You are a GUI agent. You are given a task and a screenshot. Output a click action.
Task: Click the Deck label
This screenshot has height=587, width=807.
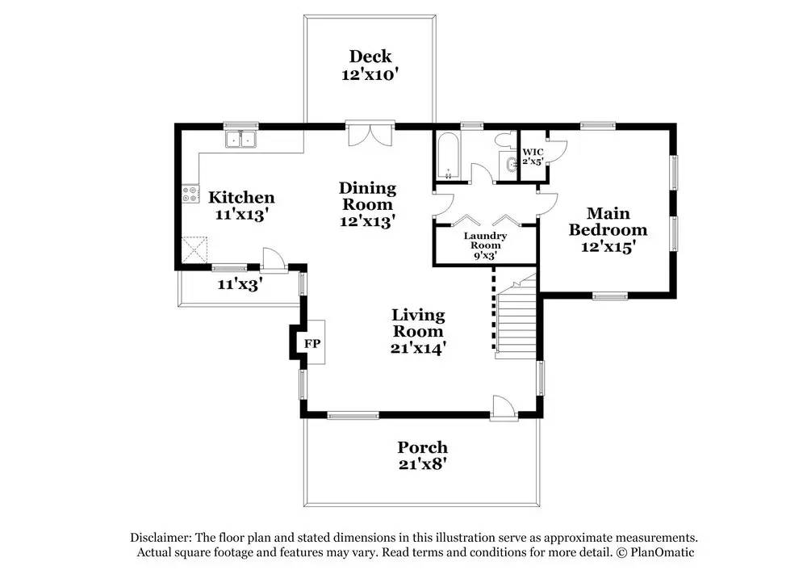(x=370, y=57)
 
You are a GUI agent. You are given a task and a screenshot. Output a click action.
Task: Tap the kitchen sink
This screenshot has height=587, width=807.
(x=241, y=140)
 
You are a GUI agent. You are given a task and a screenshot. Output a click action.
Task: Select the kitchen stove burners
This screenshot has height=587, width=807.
(x=190, y=194)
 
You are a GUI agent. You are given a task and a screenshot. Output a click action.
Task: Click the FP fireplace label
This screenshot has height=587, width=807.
(x=312, y=343)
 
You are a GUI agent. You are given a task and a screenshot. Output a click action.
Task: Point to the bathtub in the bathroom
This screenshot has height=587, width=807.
(x=448, y=157)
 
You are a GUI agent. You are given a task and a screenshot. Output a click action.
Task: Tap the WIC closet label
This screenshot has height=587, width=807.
(x=533, y=153)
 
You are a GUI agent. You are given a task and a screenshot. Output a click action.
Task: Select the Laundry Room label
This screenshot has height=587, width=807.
(x=485, y=241)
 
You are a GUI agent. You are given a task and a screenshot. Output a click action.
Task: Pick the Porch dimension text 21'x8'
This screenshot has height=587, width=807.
(x=422, y=464)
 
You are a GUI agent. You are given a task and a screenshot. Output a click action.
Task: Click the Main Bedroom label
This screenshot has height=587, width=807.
(x=608, y=221)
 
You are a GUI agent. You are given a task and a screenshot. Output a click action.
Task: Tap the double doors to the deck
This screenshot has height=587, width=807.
(x=370, y=134)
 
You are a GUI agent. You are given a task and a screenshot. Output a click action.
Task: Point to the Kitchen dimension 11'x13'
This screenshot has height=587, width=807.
(x=241, y=214)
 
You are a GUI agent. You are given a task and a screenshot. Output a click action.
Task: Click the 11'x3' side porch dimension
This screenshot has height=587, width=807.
(x=240, y=283)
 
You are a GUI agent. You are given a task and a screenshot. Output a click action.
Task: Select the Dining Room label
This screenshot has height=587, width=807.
(x=367, y=196)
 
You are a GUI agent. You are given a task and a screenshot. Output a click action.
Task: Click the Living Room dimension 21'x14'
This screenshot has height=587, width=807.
(x=418, y=349)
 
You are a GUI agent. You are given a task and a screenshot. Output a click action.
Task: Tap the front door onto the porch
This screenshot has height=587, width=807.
(x=504, y=408)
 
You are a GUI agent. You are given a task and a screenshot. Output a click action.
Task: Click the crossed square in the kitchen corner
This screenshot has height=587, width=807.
(x=194, y=249)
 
